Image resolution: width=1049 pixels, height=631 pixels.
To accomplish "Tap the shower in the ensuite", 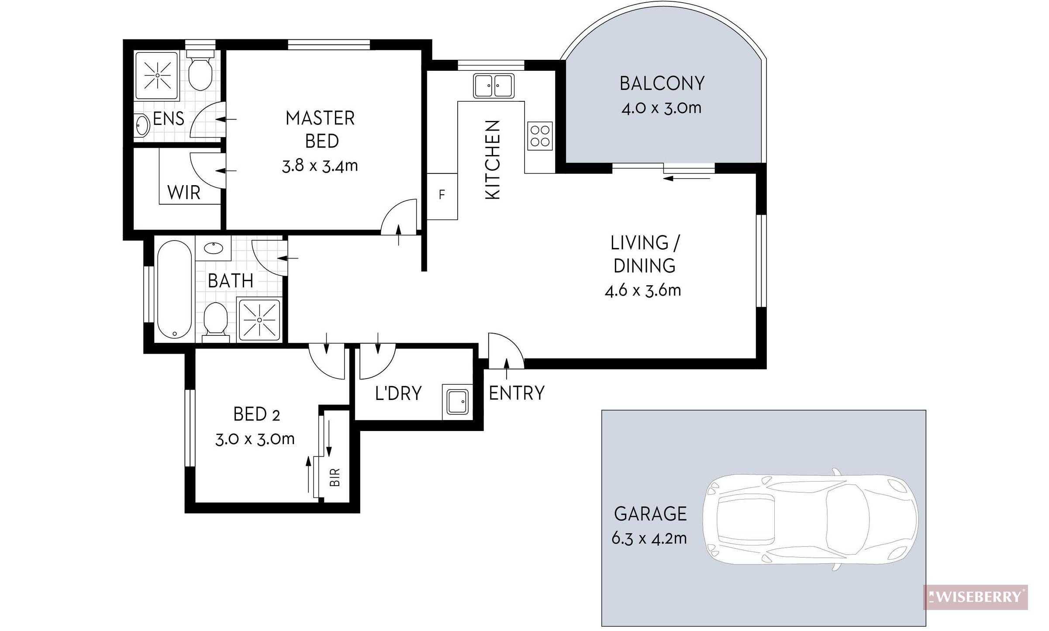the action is click(156, 76).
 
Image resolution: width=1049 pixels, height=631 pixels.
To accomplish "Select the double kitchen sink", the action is click(494, 86).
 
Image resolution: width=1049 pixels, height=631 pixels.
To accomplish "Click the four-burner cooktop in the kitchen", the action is click(540, 135).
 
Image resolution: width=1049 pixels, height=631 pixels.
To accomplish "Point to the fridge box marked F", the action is click(442, 196).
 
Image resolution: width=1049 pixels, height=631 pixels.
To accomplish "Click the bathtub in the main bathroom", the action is click(174, 290).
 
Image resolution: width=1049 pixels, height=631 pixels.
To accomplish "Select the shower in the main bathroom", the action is click(260, 320).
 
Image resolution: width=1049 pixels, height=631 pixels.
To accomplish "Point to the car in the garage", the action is click(811, 519).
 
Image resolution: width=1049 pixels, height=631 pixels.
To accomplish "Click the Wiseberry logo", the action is click(975, 597).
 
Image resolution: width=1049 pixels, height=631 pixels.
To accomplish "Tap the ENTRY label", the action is click(517, 393).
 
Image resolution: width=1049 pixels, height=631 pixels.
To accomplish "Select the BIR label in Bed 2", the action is click(334, 477).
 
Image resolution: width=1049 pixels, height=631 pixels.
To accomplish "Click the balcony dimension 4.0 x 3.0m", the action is click(661, 107).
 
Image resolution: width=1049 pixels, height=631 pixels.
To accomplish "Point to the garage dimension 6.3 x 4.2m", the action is click(649, 538).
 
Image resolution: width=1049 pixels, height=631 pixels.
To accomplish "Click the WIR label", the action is click(184, 192).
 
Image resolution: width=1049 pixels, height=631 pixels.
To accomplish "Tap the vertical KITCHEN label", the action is click(493, 160).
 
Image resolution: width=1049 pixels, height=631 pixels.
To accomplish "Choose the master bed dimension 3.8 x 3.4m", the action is click(320, 166).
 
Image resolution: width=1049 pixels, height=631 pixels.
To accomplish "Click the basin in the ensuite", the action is click(142, 125).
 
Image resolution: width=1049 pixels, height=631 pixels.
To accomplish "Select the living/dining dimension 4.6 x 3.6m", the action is click(643, 290).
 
